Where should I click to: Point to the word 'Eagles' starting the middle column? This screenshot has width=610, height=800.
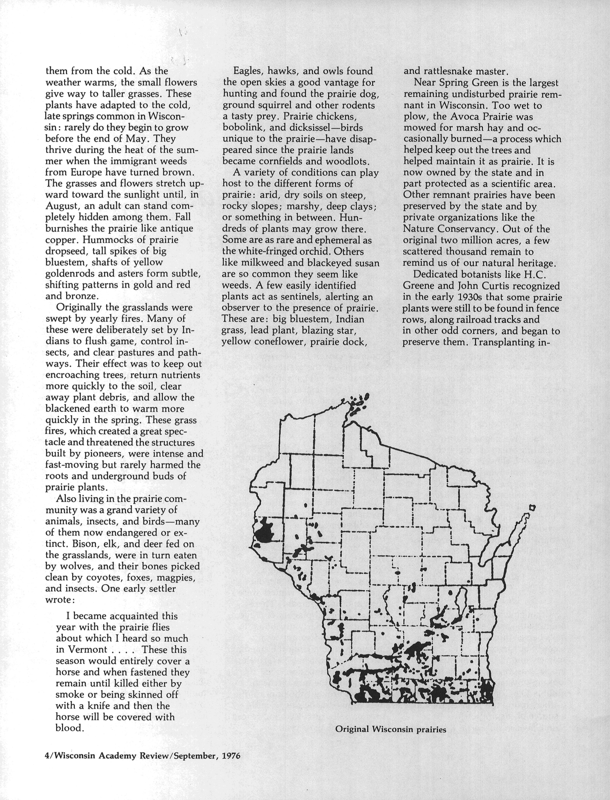point(248,71)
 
